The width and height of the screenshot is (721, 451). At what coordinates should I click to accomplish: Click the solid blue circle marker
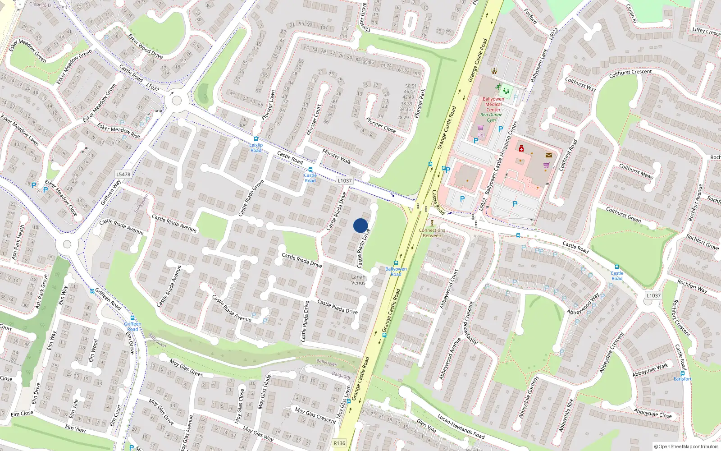click(x=360, y=225)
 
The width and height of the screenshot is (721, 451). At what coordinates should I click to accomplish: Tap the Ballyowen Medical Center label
click(x=493, y=104)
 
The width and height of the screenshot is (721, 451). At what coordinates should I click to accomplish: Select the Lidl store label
click(x=481, y=135)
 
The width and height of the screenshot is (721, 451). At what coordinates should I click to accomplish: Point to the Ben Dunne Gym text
click(x=491, y=117)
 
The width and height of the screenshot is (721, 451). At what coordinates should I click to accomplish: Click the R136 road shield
click(x=339, y=443)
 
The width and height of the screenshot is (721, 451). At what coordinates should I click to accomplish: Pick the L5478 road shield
click(x=123, y=174)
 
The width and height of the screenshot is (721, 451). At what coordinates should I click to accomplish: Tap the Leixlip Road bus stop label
click(x=256, y=147)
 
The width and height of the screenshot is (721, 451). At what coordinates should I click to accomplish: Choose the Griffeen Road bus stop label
click(x=132, y=327)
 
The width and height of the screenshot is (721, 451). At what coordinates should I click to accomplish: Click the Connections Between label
click(x=432, y=233)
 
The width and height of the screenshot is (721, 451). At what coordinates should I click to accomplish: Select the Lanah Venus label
click(x=358, y=280)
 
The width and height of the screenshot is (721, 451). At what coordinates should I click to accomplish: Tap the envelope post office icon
click(x=548, y=155)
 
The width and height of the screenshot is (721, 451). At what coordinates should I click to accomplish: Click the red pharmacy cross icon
click(x=521, y=148)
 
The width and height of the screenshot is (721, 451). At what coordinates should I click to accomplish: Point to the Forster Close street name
click(x=381, y=125)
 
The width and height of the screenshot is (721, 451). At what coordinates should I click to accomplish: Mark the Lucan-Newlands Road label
click(x=461, y=427)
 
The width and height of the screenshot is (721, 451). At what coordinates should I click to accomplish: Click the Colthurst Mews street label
click(x=636, y=171)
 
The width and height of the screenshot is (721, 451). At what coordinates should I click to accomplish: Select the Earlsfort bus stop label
click(x=682, y=379)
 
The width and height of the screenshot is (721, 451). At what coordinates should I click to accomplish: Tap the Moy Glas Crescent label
click(x=315, y=415)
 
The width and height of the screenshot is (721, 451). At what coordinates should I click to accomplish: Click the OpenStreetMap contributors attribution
click(x=686, y=447)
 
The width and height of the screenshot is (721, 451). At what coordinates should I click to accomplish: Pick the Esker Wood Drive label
click(x=146, y=46)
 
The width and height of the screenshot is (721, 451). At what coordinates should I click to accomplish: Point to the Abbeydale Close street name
click(x=653, y=413)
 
